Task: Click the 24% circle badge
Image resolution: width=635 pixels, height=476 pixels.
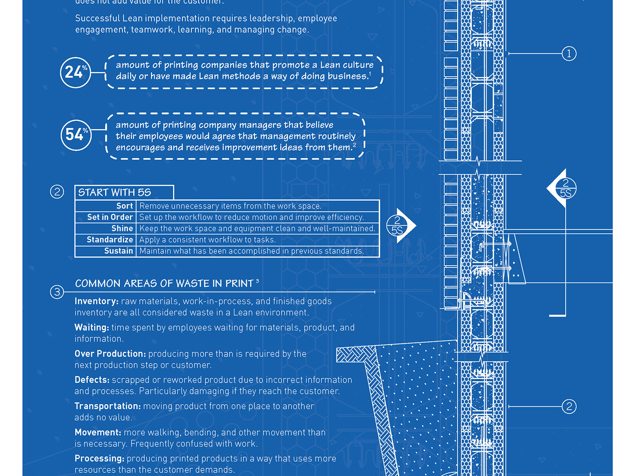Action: [x=75, y=73]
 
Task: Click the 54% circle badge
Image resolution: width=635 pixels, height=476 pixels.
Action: [x=76, y=135]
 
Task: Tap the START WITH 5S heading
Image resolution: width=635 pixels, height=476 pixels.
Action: [x=115, y=192]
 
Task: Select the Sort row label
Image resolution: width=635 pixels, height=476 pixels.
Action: [x=124, y=206]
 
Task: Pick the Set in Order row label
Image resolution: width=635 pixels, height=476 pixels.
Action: [x=110, y=217]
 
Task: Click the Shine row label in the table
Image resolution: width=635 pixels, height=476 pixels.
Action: [x=122, y=228]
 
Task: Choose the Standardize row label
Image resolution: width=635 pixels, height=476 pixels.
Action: [x=110, y=240]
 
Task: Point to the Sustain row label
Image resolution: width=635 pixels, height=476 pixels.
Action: [x=118, y=251]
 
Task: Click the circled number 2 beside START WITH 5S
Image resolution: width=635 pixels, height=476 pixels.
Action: [x=57, y=192]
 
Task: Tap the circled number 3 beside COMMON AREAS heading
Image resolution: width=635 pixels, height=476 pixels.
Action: [x=57, y=291]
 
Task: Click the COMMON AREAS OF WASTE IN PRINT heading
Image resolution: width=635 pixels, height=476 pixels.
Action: [x=164, y=284]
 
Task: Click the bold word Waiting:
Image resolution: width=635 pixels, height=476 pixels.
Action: [x=92, y=328]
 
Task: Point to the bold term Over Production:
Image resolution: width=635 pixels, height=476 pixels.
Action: [x=110, y=354]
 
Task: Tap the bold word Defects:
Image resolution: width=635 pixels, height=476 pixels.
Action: [x=92, y=380]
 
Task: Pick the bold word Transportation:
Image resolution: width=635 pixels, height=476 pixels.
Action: [x=107, y=406]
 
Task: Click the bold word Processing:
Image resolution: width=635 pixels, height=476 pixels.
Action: [x=99, y=459]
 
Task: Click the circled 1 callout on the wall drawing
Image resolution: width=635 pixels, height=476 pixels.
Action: [x=569, y=54]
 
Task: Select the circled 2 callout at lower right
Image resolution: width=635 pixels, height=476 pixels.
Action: [x=569, y=406]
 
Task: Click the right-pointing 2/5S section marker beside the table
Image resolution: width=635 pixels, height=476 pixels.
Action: [x=399, y=226]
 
